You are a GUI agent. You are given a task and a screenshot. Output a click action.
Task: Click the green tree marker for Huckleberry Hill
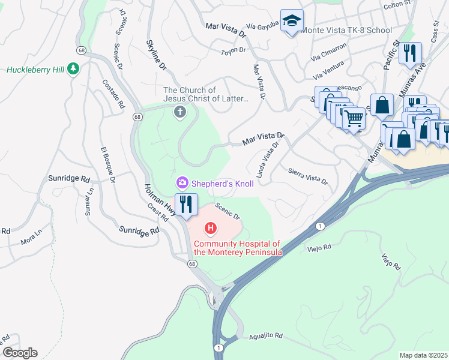click(73, 69)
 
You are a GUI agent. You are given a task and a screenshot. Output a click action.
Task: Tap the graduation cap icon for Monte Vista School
click(292, 21)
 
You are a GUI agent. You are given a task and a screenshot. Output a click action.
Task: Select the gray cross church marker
click(179, 112)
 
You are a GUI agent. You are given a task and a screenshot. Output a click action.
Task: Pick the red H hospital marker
click(211, 228)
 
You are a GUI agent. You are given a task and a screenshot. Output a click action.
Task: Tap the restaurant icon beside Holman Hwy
click(186, 205)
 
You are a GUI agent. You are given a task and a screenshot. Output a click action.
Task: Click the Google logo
click(20, 353)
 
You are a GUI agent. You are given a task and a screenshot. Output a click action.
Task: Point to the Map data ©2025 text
click(423, 355)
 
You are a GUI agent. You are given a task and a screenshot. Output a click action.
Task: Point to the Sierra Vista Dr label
click(309, 176)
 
